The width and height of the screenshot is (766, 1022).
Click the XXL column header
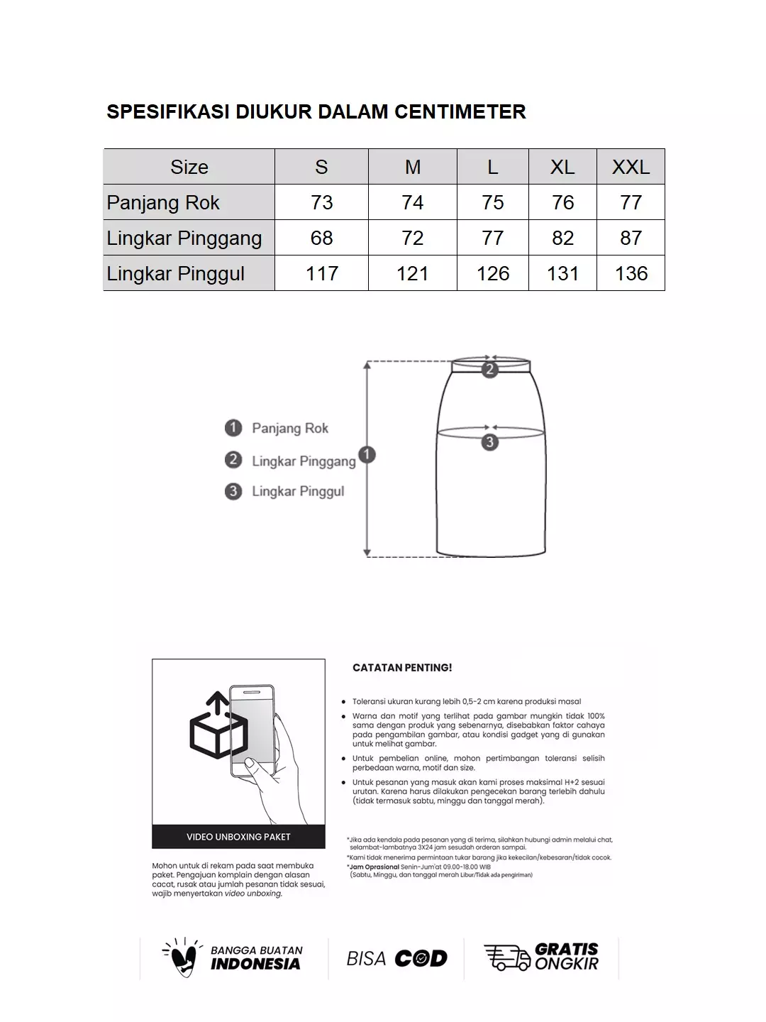(x=631, y=167)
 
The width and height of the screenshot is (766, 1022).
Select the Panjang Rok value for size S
(x=321, y=202)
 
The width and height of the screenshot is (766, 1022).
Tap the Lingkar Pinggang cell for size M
(x=412, y=238)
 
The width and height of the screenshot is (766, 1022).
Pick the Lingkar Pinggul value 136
(x=631, y=273)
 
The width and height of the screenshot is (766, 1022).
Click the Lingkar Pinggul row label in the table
(x=176, y=273)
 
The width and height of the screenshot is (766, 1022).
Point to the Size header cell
(x=189, y=167)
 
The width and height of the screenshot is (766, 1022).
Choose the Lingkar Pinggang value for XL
(x=562, y=238)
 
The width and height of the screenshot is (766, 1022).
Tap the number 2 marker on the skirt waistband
(x=489, y=369)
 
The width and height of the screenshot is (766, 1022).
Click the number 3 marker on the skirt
(x=489, y=442)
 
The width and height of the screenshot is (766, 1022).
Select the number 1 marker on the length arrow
(x=367, y=455)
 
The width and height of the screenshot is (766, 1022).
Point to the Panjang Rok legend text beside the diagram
(x=290, y=428)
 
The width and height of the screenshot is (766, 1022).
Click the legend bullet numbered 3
(x=233, y=491)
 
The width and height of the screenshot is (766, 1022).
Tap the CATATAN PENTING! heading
(x=402, y=668)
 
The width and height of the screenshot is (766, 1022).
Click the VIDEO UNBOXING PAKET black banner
(x=238, y=837)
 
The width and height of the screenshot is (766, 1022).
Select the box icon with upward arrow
(x=218, y=725)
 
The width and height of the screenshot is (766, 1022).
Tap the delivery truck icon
(x=506, y=957)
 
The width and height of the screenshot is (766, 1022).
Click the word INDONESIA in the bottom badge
(x=255, y=964)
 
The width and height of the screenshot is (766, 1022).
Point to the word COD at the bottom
(x=421, y=959)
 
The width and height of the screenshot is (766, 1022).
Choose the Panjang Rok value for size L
(x=492, y=202)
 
